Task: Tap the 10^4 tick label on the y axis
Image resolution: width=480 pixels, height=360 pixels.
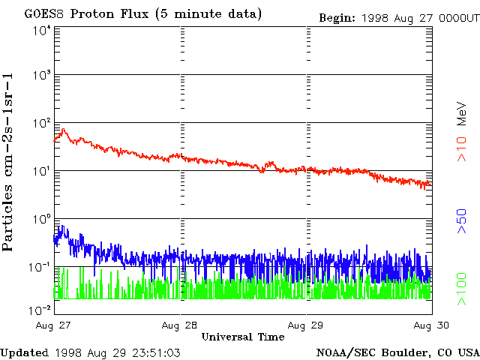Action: click(x=42, y=30)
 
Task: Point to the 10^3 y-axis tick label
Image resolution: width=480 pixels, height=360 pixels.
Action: click(x=42, y=76)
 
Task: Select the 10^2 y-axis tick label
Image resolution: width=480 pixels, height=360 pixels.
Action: click(x=42, y=123)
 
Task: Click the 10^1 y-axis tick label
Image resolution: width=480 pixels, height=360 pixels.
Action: click(x=42, y=171)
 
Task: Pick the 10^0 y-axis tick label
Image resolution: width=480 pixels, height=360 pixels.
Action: click(x=42, y=219)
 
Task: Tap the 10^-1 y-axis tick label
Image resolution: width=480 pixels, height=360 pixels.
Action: click(x=40, y=267)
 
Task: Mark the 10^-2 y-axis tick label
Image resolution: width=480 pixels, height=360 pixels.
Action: click(x=40, y=310)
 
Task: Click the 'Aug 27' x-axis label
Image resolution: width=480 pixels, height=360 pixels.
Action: click(x=51, y=325)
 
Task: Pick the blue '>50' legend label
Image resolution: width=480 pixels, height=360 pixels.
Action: click(x=463, y=222)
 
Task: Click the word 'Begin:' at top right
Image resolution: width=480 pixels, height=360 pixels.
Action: click(x=337, y=17)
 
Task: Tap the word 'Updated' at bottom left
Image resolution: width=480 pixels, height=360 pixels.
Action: click(x=25, y=352)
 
